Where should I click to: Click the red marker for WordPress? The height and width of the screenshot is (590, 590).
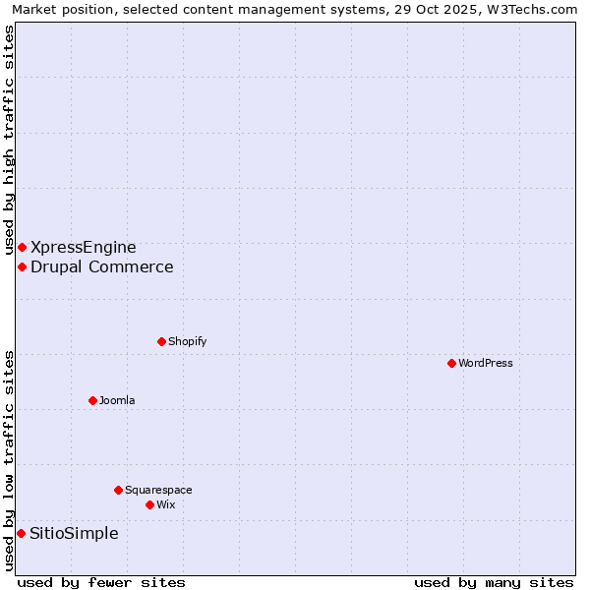(451, 363)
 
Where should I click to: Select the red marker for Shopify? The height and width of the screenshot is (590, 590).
(161, 341)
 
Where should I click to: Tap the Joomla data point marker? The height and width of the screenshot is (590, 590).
(92, 400)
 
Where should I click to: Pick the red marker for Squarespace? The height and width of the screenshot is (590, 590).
(118, 490)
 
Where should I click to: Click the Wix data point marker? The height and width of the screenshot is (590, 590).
(149, 504)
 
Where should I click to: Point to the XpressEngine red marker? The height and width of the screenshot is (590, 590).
(22, 247)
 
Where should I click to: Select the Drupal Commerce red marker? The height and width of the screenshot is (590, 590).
(22, 266)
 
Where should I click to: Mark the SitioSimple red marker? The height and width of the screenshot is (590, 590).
(21, 533)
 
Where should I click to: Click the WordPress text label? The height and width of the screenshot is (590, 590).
(486, 363)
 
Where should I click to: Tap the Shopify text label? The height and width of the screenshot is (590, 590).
(187, 341)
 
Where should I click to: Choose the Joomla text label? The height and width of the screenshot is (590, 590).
(117, 400)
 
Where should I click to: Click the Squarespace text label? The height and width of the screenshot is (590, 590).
(158, 490)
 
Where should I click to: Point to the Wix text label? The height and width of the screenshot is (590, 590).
(166, 504)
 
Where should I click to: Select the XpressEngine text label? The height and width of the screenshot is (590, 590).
(84, 247)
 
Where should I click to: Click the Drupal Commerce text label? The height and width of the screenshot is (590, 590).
(102, 266)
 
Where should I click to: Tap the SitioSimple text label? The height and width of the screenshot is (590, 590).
(75, 533)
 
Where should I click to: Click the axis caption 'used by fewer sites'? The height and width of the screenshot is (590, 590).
(101, 582)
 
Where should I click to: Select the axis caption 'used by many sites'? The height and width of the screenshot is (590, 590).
(494, 582)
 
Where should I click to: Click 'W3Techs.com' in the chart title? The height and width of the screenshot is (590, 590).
(528, 9)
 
